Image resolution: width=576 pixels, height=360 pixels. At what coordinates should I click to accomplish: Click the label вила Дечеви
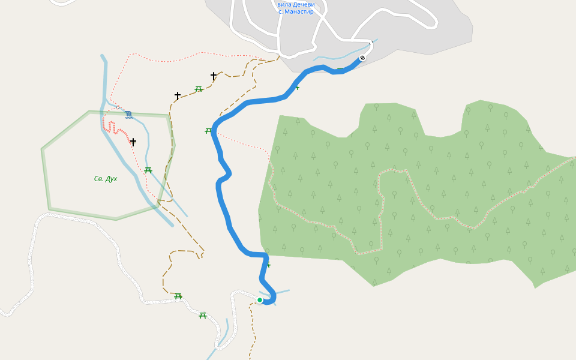[x=296, y=4]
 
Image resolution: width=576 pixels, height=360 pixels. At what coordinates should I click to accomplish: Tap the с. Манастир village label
[x=296, y=11]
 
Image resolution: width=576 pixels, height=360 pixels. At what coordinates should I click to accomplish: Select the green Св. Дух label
[x=106, y=179]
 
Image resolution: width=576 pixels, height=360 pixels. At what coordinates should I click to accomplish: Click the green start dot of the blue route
[x=260, y=300]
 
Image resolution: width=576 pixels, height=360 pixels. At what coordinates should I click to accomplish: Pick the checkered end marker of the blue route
[x=362, y=58]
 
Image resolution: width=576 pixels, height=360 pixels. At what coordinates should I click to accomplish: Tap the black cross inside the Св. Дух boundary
[x=133, y=142]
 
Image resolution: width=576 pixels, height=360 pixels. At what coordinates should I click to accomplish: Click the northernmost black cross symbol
[x=214, y=76]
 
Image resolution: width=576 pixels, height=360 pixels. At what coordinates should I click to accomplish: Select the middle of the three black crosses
[x=178, y=96]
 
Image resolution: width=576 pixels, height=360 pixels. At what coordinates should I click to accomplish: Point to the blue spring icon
[x=128, y=115]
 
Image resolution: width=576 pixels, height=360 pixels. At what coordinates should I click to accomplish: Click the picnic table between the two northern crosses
[x=199, y=89]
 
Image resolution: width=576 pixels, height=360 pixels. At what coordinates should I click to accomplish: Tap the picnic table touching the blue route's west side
[x=209, y=130]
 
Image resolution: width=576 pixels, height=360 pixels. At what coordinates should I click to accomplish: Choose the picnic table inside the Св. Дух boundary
[x=148, y=170]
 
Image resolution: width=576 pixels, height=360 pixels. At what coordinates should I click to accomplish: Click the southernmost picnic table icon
[x=203, y=316]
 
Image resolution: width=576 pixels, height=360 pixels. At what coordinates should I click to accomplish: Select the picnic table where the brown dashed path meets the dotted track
[x=178, y=296]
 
